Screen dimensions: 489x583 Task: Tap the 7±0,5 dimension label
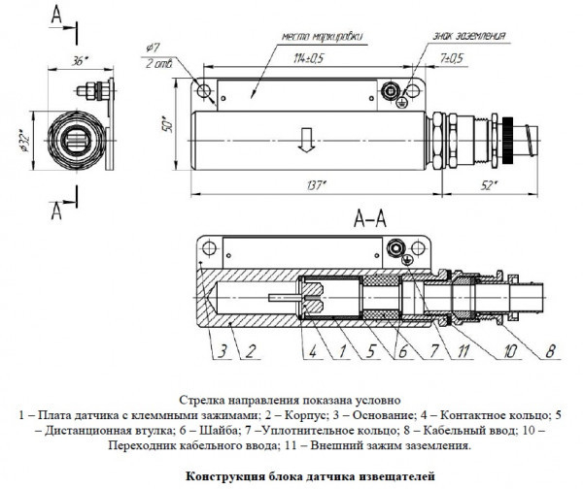[450, 58]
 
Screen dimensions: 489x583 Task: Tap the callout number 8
[550, 349]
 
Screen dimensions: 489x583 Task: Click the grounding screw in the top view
[393, 92]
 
